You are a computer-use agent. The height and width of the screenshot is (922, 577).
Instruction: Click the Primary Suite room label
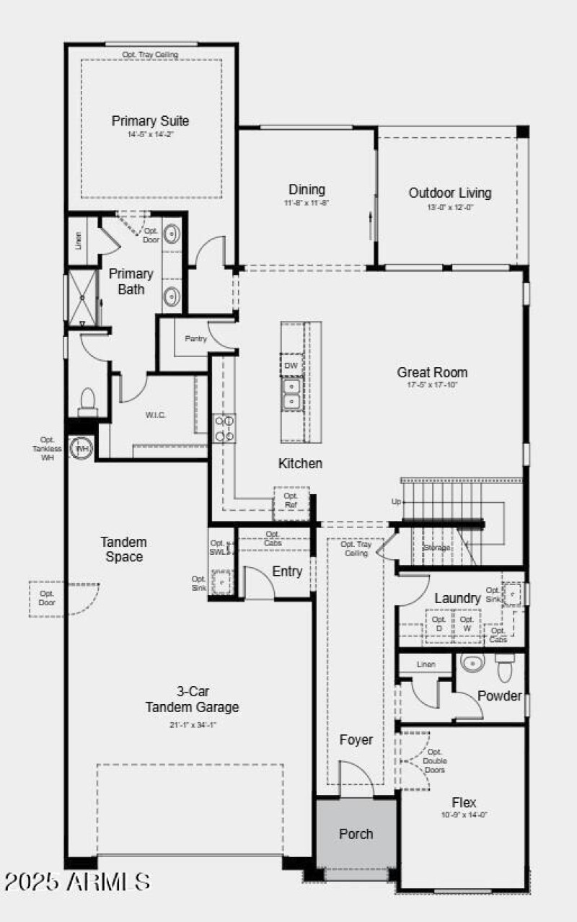tap(150, 121)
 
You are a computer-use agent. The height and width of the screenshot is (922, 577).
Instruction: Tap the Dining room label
tap(307, 190)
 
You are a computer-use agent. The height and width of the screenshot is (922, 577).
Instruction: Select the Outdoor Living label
tap(449, 193)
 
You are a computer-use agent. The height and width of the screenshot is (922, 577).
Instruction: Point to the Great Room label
tap(432, 373)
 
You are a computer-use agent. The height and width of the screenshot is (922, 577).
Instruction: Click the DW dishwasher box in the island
tap(291, 366)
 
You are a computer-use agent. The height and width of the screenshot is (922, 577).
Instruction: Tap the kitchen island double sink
tap(291, 394)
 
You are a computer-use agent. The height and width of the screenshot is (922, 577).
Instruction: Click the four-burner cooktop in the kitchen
tap(224, 428)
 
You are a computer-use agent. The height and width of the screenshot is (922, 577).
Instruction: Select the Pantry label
tap(195, 338)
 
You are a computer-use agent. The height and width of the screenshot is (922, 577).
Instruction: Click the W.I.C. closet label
tap(156, 415)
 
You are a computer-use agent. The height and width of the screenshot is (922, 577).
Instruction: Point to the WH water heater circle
tap(82, 448)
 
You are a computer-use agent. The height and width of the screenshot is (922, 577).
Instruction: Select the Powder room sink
tap(473, 663)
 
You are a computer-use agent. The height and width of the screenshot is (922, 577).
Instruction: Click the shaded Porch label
tap(356, 834)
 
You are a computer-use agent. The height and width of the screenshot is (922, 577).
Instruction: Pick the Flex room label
tap(464, 802)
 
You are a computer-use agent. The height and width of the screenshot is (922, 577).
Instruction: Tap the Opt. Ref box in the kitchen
tap(291, 500)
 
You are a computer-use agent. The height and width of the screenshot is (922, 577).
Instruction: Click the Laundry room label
tap(457, 598)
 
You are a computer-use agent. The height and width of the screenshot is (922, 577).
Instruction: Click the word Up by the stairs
tap(396, 501)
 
